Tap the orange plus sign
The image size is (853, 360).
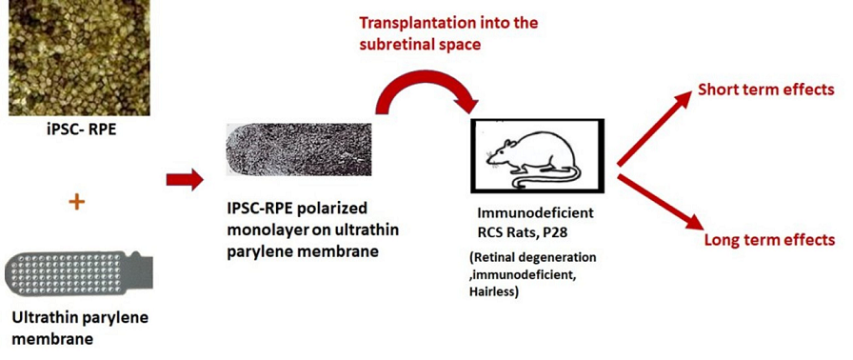pos(77,202)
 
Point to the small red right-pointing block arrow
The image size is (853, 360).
pos(185,178)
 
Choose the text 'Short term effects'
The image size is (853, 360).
pos(766,90)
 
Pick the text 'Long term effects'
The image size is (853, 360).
pos(769,240)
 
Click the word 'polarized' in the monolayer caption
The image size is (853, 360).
pos(328,207)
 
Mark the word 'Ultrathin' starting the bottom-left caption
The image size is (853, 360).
pos(42,317)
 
